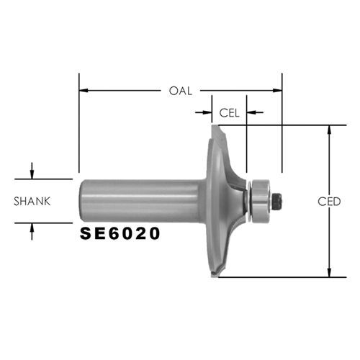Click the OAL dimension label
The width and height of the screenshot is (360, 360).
point(181,91)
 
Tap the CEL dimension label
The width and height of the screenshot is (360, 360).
point(229,113)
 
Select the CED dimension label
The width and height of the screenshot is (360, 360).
point(329,202)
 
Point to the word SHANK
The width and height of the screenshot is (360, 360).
point(32,202)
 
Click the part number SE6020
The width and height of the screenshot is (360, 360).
point(120,233)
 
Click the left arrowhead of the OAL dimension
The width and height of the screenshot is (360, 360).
point(84,91)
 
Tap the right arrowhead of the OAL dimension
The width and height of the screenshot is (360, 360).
point(278,91)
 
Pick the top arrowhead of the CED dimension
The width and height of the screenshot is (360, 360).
point(330,130)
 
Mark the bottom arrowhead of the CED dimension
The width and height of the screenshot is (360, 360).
point(330,273)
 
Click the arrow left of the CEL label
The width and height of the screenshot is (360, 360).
point(204,112)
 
